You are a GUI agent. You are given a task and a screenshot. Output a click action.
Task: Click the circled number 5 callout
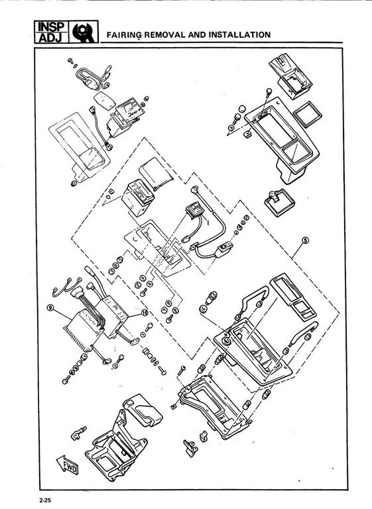305,240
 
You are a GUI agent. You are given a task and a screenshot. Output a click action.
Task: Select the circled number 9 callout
50,307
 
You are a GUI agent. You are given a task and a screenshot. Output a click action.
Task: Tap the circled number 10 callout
145,312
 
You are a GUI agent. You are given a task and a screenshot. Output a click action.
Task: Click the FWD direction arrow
68,465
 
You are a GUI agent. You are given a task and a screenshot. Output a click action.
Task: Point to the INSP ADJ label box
51,32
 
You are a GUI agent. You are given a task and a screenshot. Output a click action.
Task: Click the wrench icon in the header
84,32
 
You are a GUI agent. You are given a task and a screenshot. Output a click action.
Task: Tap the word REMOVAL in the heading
165,34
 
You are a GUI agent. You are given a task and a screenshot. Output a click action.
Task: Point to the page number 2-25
46,500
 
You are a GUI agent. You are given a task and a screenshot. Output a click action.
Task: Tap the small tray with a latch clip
279,202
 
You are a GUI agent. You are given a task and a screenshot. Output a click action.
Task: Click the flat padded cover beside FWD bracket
143,410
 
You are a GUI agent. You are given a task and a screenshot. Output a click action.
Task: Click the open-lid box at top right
290,76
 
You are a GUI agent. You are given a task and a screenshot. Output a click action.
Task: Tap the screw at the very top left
70,60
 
